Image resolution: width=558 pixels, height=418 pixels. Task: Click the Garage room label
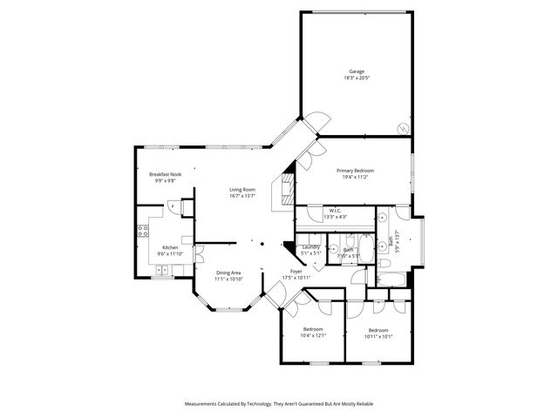click(356, 71)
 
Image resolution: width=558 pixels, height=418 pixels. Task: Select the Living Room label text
click(242, 189)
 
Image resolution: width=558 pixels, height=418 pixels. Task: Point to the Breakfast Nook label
click(165, 175)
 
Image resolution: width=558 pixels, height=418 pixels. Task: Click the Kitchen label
click(170, 247)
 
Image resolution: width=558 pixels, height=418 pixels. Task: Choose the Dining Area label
click(228, 273)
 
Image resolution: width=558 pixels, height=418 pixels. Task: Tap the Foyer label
click(296, 272)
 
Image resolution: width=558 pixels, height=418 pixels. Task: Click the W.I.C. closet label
click(336, 210)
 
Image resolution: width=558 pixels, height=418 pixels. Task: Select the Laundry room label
click(311, 247)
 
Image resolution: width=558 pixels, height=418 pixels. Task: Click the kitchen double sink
click(161, 271)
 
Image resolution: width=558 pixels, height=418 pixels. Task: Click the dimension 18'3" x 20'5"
click(356, 78)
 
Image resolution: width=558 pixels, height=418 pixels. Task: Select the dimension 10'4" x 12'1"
click(312, 336)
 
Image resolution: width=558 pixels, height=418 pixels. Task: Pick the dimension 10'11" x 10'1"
click(378, 336)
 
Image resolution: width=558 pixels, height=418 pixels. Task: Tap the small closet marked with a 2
click(174, 206)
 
